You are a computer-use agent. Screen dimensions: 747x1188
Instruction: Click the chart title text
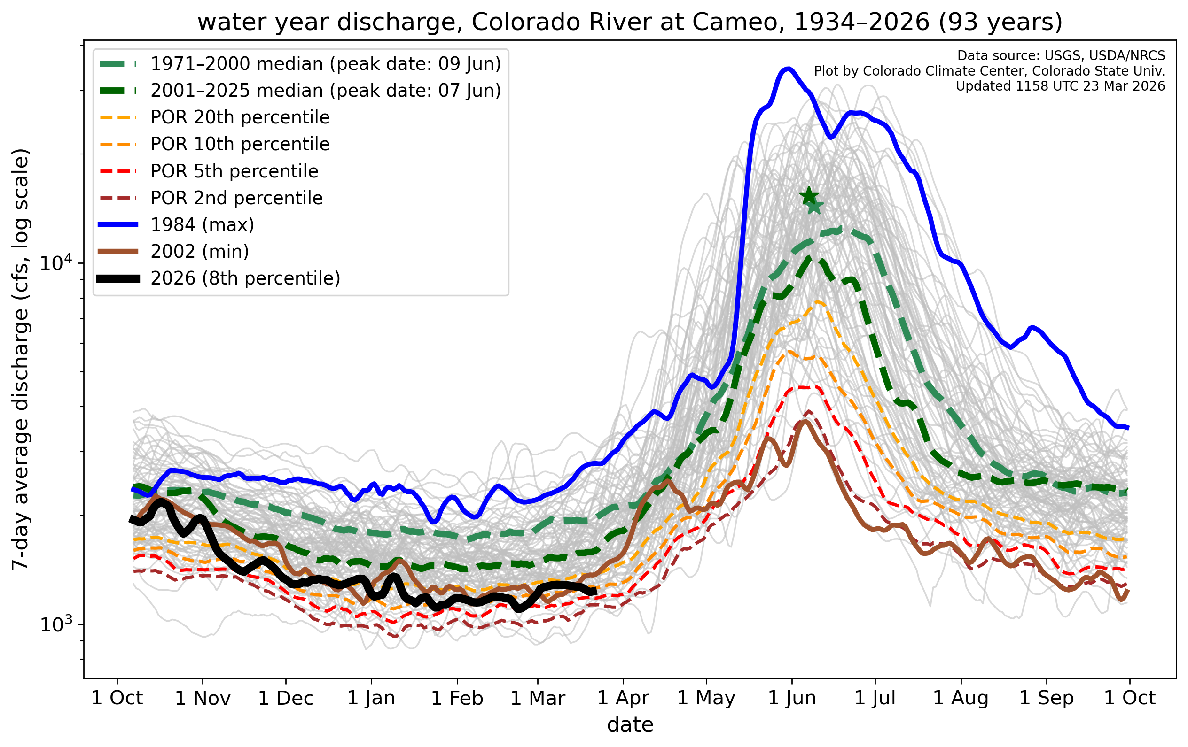point(630,22)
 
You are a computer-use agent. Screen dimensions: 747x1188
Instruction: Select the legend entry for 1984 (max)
point(202,225)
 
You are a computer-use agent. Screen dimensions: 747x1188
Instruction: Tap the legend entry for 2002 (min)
point(200,252)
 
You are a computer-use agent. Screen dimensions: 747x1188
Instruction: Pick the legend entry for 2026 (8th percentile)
point(245,278)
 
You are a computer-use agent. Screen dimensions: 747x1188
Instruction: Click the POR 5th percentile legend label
point(234,171)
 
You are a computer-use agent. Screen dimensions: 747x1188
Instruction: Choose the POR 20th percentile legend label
point(240,117)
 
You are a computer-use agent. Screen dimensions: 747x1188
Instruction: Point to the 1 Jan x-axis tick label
point(372,698)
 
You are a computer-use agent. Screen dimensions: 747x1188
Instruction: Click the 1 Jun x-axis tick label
point(792,698)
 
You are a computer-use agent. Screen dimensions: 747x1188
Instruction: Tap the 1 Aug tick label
point(961,698)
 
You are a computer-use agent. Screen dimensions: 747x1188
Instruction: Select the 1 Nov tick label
point(203,698)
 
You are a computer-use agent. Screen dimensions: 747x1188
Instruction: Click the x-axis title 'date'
point(630,725)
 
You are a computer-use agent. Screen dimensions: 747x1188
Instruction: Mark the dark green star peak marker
point(809,196)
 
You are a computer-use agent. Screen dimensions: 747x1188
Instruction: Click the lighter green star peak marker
point(814,207)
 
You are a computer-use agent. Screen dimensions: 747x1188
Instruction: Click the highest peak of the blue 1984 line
point(789,69)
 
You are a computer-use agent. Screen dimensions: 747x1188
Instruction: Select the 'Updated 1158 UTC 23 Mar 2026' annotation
point(1060,86)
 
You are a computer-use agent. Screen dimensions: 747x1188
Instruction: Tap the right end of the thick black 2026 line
point(595,591)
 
